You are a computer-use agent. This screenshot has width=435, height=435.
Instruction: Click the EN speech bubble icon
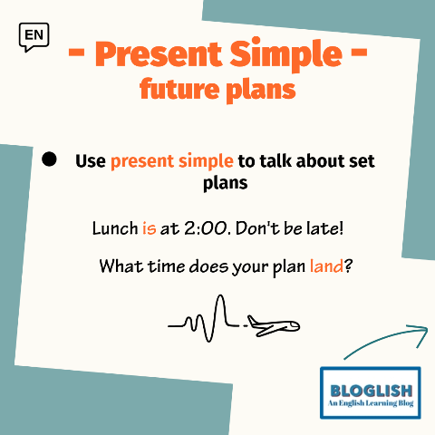(x=34, y=37)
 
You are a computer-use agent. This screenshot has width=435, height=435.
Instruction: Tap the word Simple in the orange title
(x=285, y=54)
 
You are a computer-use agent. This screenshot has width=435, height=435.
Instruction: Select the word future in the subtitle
(x=179, y=89)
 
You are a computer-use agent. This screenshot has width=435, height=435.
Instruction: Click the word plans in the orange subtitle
(x=261, y=91)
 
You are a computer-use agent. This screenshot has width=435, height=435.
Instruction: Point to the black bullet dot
(x=49, y=159)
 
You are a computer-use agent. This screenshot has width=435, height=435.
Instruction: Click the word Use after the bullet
(x=91, y=161)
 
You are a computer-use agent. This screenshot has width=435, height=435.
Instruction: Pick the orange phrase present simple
(x=172, y=161)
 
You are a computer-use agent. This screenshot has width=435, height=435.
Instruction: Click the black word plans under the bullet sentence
(x=226, y=183)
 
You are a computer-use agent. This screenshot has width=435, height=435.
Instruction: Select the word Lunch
(x=115, y=228)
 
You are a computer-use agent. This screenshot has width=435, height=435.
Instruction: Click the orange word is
(x=150, y=228)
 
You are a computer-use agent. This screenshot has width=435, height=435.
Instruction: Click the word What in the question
(x=121, y=266)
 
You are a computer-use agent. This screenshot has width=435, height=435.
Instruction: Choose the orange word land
(x=326, y=266)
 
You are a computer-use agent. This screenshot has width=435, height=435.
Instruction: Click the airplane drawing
(x=274, y=326)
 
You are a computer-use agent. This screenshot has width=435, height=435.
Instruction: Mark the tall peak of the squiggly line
(x=221, y=296)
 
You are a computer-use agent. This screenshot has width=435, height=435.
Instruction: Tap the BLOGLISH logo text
(x=372, y=391)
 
